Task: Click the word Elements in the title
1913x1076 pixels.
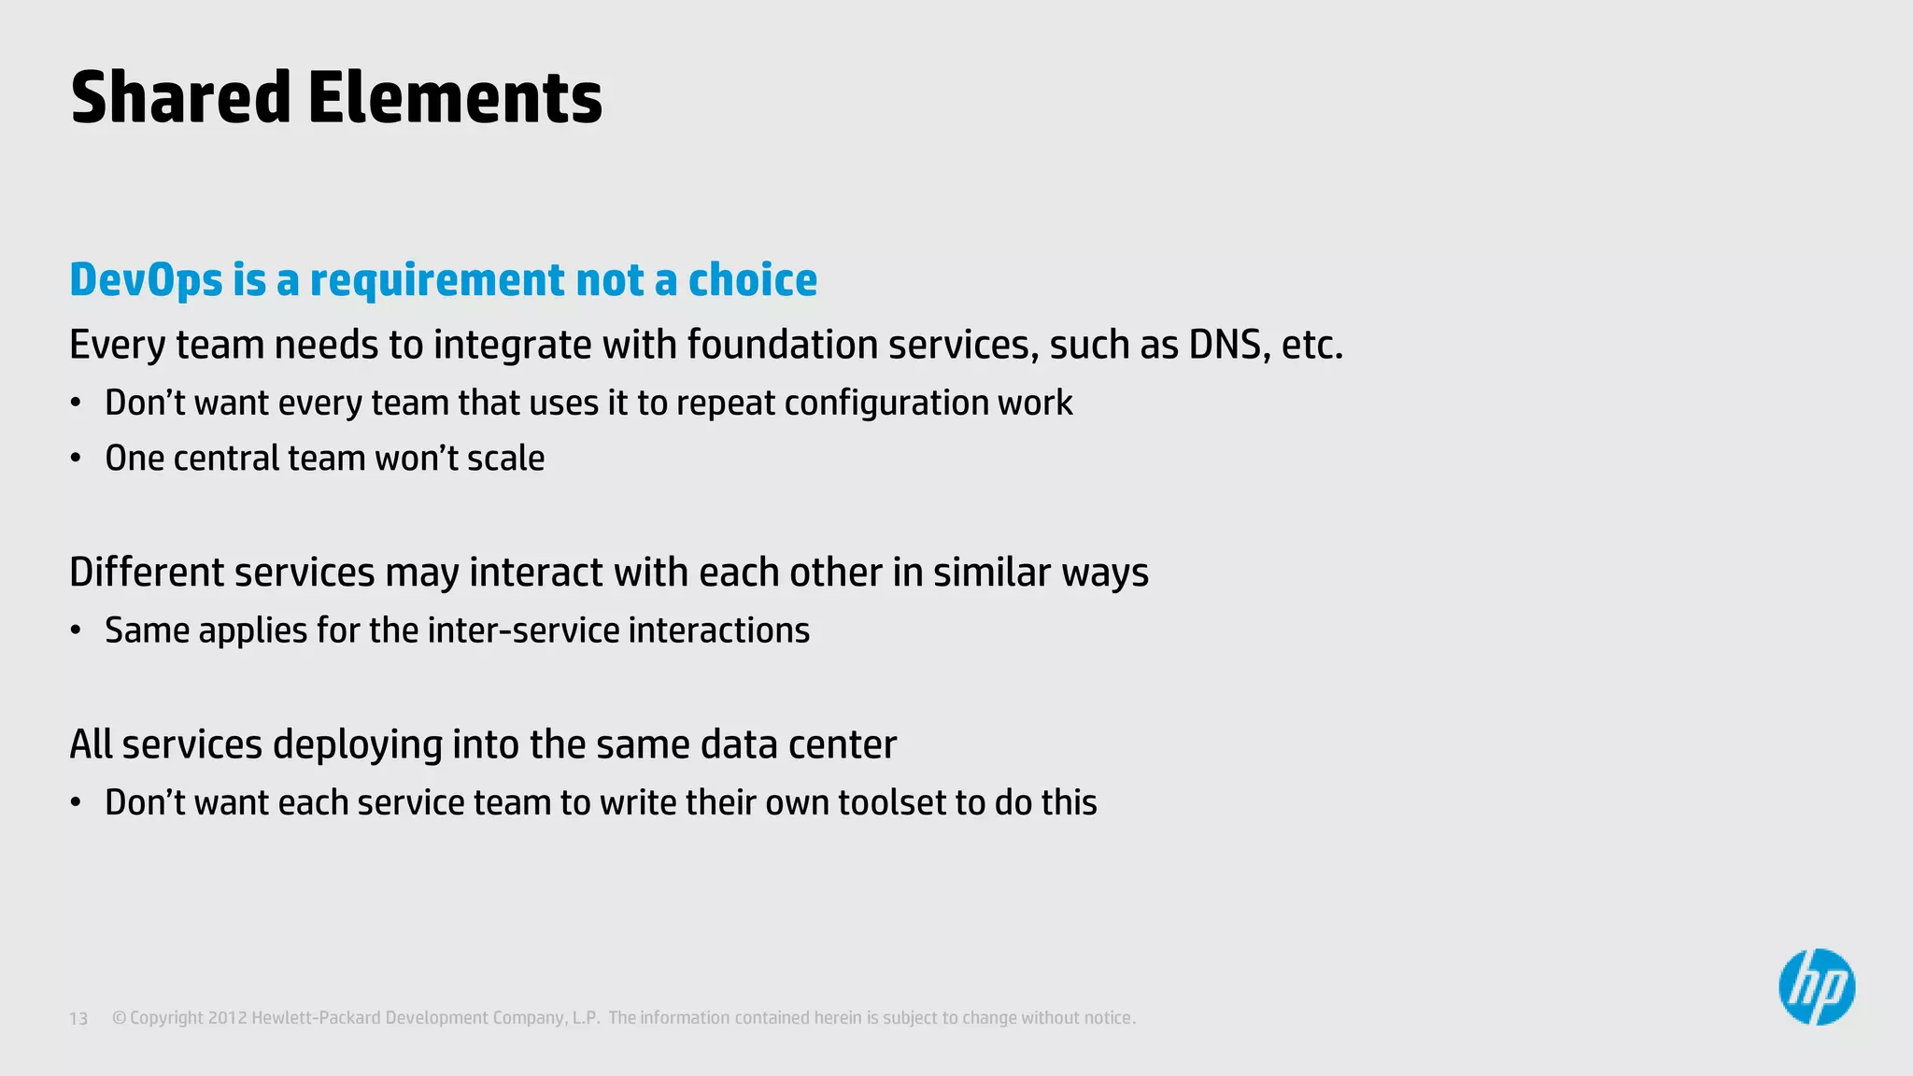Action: click(x=455, y=98)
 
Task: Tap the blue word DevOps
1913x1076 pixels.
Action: click(x=147, y=280)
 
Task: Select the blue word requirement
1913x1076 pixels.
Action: click(x=437, y=280)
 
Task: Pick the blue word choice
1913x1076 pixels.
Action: click(x=753, y=280)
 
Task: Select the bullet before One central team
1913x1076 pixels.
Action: click(x=76, y=460)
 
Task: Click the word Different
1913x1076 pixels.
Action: click(x=146, y=573)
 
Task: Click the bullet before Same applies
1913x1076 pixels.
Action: click(x=76, y=631)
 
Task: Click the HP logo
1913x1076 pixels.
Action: click(x=1816, y=987)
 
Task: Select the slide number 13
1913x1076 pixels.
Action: click(x=78, y=1019)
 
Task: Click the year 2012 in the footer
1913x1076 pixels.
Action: click(x=227, y=1018)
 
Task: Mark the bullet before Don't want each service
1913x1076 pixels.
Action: click(x=76, y=803)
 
